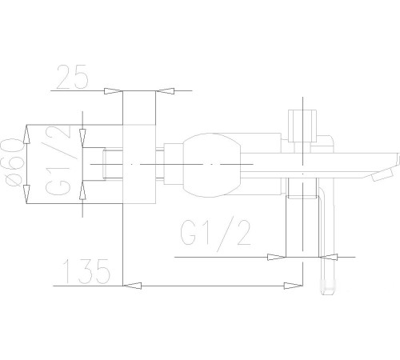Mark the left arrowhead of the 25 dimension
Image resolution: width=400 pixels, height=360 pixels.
click(x=114, y=91)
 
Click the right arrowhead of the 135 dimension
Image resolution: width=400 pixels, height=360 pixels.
click(x=298, y=284)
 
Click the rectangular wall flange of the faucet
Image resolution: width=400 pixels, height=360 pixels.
click(x=138, y=164)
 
